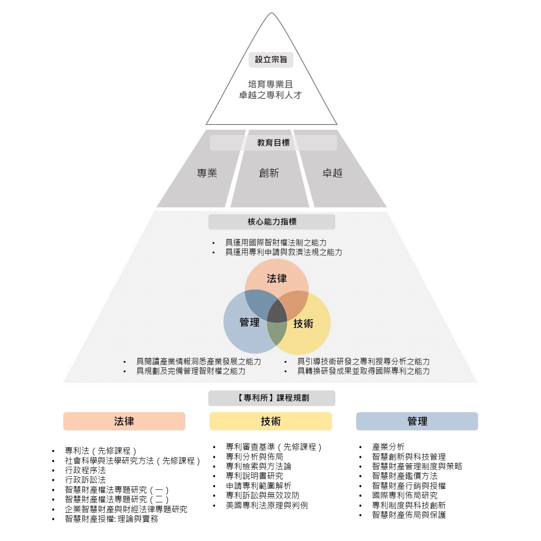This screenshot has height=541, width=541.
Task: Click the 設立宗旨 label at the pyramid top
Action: click(x=271, y=59)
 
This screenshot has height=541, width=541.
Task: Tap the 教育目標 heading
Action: click(x=273, y=143)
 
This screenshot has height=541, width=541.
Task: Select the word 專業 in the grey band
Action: click(x=207, y=173)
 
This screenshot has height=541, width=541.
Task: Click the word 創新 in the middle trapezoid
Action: click(x=269, y=173)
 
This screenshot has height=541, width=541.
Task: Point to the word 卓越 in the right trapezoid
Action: click(x=332, y=173)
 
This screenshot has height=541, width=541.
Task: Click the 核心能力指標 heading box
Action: click(x=272, y=222)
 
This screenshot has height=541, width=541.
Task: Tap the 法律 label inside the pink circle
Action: click(x=276, y=279)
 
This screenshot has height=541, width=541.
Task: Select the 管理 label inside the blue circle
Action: click(x=249, y=322)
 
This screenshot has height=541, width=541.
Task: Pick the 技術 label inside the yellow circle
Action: click(x=303, y=324)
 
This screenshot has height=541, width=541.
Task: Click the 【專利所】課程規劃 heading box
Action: click(x=272, y=398)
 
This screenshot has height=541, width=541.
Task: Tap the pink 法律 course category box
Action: click(x=124, y=421)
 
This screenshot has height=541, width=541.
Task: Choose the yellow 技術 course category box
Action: click(x=271, y=421)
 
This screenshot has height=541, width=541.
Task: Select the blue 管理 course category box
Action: click(x=417, y=421)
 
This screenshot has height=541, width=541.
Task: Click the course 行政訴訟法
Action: click(x=85, y=480)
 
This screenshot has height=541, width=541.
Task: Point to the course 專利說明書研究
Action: click(x=254, y=476)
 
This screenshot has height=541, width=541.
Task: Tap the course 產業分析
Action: click(x=388, y=447)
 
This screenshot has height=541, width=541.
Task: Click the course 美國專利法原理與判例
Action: click(x=267, y=505)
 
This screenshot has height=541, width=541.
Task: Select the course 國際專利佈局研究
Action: click(x=404, y=495)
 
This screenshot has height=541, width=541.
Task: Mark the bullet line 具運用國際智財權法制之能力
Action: click(x=275, y=243)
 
